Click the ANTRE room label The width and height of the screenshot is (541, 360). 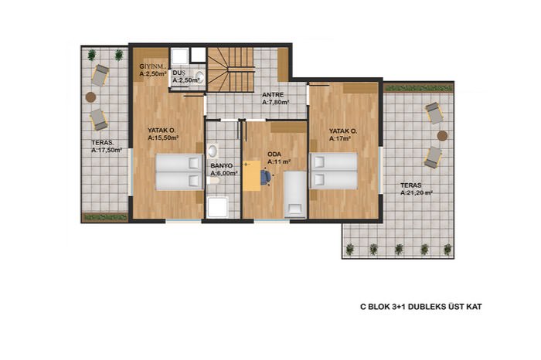click(273, 95)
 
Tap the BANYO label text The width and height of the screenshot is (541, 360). click(222, 166)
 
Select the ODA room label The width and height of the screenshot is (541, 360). click(274, 155)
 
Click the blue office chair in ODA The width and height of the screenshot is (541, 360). click(266, 177)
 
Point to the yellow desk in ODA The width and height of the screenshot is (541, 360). click(251, 175)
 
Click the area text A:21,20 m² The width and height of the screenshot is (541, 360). click(417, 193)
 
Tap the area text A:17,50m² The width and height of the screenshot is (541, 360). click(107, 151)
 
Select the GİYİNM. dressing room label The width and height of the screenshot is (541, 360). click(153, 66)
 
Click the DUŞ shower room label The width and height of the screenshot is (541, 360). click(179, 73)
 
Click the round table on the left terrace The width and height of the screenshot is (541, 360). click(90, 97)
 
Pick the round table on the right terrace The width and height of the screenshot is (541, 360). click(442, 135)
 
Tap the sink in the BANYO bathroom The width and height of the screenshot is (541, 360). click(213, 151)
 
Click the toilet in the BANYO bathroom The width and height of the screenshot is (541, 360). click(213, 180)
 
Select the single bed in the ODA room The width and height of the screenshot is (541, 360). click(295, 195)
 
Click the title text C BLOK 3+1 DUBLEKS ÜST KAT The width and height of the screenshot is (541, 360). click(421, 307)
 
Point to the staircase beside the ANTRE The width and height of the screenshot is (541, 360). click(230, 70)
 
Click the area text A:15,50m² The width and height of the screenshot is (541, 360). click(163, 138)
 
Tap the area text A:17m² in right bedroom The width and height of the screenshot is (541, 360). click(340, 138)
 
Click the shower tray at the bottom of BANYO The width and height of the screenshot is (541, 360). click(217, 207)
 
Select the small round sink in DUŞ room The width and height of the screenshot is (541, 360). click(199, 77)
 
